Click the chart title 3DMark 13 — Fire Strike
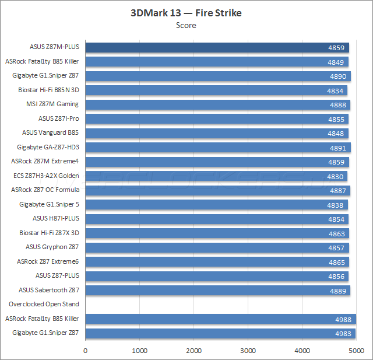click(x=186, y=13)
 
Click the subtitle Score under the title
click(x=186, y=25)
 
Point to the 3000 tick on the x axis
click(x=248, y=351)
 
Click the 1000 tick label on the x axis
click(x=139, y=351)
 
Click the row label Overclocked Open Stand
click(x=44, y=304)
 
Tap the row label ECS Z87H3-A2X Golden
click(x=46, y=176)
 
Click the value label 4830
click(x=337, y=176)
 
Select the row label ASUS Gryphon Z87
click(x=52, y=247)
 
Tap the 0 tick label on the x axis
click(x=86, y=351)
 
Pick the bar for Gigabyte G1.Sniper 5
click(x=216, y=204)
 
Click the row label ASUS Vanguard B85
click(x=50, y=132)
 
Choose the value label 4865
click(x=337, y=262)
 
